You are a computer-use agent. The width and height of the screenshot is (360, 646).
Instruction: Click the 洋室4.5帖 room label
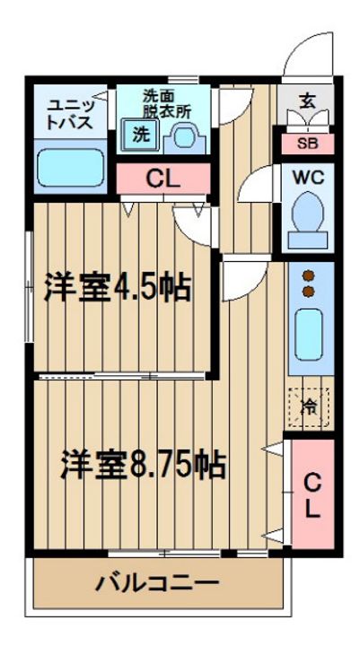click(118, 286)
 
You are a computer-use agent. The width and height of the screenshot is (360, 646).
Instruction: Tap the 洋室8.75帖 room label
click(143, 465)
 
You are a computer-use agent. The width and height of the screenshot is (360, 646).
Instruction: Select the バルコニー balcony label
click(157, 582)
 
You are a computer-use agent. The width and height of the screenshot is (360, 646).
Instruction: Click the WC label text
click(308, 179)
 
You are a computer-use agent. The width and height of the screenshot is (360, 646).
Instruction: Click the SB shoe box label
click(308, 144)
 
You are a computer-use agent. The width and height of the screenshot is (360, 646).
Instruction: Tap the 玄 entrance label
click(308, 100)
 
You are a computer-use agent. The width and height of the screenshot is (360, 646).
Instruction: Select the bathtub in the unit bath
click(70, 168)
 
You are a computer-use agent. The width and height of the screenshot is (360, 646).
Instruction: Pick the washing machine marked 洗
click(140, 135)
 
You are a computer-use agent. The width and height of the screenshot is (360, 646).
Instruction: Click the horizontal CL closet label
click(163, 179)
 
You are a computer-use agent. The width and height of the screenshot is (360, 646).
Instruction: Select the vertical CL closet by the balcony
click(312, 493)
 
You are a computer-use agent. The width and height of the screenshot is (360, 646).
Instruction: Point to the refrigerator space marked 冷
click(309, 406)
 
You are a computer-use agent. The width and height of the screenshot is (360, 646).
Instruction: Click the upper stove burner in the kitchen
click(309, 275)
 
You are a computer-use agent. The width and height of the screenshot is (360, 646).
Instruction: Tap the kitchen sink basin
click(309, 335)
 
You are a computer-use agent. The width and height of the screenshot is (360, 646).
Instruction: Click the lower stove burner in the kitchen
click(309, 292)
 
